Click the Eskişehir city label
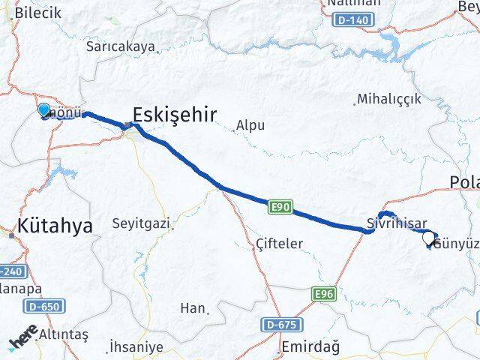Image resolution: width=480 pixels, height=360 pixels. [174, 114]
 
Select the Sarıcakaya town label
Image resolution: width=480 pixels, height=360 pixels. [121, 46]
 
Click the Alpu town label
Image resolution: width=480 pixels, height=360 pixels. [250, 126]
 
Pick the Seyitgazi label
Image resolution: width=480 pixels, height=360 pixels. [140, 223]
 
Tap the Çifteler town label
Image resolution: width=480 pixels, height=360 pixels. [279, 244]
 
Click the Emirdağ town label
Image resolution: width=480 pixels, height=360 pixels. [310, 346]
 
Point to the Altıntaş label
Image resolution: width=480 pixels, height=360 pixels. [64, 332]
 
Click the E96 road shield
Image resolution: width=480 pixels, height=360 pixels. [324, 294]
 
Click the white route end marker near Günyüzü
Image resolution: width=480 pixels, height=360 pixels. [428, 238]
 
